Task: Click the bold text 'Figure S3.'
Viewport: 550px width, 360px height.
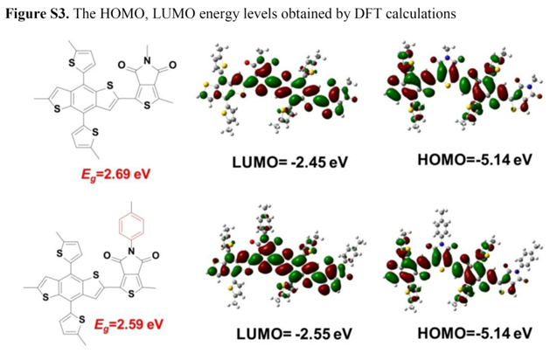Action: (x=37, y=14)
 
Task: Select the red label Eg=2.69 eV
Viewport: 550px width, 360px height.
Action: (x=115, y=175)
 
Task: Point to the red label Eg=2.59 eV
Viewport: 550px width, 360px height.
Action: (x=129, y=324)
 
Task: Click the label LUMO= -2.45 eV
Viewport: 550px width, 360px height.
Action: (x=289, y=162)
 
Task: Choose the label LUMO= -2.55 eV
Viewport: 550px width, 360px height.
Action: (x=294, y=334)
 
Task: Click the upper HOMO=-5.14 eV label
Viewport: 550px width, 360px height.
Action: (x=475, y=160)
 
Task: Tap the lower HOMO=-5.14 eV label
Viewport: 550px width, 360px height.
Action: (x=475, y=333)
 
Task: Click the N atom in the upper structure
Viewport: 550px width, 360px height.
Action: (x=147, y=60)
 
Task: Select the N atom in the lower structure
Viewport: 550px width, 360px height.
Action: (x=131, y=251)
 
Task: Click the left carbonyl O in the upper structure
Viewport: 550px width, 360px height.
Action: (x=122, y=66)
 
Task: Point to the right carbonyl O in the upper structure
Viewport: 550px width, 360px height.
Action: (x=172, y=66)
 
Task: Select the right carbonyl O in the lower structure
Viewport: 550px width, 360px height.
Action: (x=156, y=255)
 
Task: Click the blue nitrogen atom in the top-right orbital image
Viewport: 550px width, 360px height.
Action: (x=447, y=58)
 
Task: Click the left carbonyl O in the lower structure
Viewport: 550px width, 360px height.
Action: (x=107, y=255)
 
